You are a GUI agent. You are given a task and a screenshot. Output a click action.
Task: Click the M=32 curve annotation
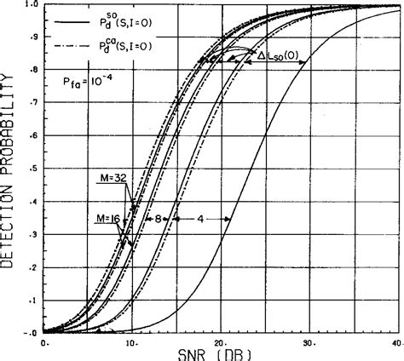pyautogui.click(x=112, y=177)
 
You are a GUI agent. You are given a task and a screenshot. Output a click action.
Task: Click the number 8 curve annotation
pyautogui.click(x=159, y=219)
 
